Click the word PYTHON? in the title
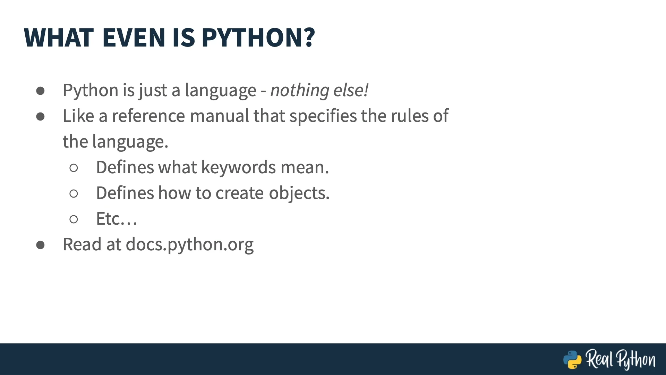click(x=258, y=37)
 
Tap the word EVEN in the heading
click(x=134, y=37)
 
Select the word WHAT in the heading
click(x=59, y=37)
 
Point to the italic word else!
click(x=351, y=90)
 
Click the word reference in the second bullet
click(x=148, y=116)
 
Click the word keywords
click(x=239, y=168)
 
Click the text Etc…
click(x=117, y=219)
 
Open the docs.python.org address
click(x=190, y=245)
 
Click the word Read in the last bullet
click(x=82, y=244)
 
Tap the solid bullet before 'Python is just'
click(x=40, y=91)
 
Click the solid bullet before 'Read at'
click(x=40, y=245)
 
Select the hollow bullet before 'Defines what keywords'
click(x=74, y=168)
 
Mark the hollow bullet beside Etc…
click(x=74, y=219)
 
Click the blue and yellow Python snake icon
click(x=572, y=360)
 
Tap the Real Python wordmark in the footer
click(x=621, y=359)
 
